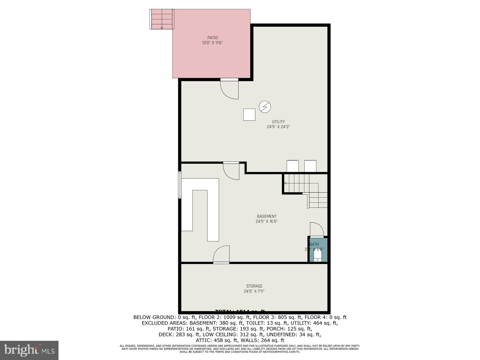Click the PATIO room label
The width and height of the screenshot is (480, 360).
pos(212,38)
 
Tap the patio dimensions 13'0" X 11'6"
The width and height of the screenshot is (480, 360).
pos(212,43)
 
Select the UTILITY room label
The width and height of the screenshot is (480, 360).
pos(278,122)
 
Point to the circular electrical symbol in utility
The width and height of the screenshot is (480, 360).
pos(265,106)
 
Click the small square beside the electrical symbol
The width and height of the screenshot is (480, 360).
pos(249,115)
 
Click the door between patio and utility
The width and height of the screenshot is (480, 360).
pos(229,88)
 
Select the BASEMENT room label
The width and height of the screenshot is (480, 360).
pos(266,216)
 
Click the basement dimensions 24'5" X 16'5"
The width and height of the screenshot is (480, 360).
pos(266,222)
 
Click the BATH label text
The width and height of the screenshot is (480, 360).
pos(314,244)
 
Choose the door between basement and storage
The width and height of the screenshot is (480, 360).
pos(221,255)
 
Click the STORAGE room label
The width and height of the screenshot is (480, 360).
pos(254,286)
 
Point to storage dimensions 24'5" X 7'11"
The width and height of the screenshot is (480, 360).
pos(254,291)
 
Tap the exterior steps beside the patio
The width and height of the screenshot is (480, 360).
pos(162,19)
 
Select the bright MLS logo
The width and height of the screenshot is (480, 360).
pos(29,350)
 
